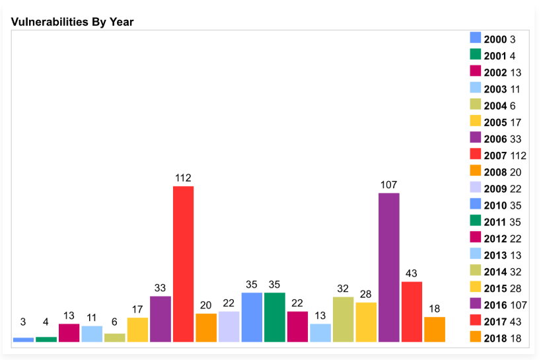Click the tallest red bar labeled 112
tap(183, 264)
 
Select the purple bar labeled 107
tap(388, 267)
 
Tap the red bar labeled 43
tap(412, 311)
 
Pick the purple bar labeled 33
tap(161, 318)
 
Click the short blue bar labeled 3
tap(23, 340)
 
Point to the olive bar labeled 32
tap(343, 319)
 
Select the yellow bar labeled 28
tap(366, 322)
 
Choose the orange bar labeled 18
tap(435, 329)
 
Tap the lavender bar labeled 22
tap(229, 326)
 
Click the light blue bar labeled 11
tap(92, 334)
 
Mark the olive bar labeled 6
tap(115, 337)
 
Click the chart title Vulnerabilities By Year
tap(72, 22)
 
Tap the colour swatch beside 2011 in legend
tap(475, 222)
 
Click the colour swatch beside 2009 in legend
tap(475, 188)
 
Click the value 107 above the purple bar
tap(388, 185)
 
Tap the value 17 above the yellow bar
tap(137, 309)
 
